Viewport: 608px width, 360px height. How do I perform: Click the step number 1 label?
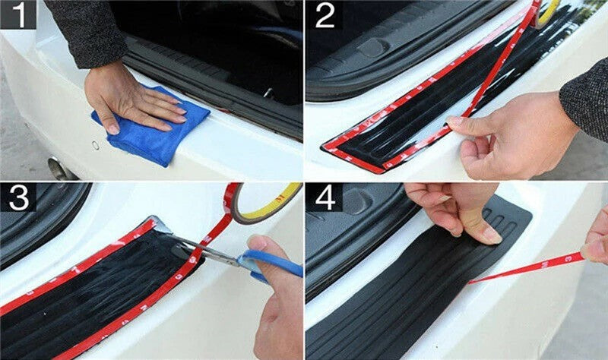pyautogui.click(x=17, y=14)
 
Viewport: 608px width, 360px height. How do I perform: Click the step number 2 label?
pyautogui.click(x=325, y=15)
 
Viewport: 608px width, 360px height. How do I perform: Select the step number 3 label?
pyautogui.click(x=18, y=197)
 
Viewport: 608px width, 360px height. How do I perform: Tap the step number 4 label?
pyautogui.click(x=325, y=197)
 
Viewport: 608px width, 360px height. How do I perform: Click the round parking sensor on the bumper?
pyautogui.click(x=96, y=145)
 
